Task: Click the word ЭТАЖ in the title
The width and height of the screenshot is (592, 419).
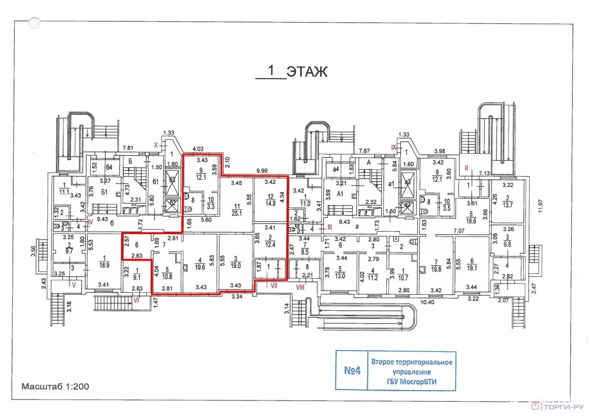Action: tap(308, 72)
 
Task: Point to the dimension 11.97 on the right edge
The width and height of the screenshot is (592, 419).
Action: tap(542, 206)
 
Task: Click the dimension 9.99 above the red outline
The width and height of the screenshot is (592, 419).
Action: tap(262, 171)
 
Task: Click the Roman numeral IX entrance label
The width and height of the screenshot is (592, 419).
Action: tap(394, 148)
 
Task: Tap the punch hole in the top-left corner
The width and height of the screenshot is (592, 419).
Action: tap(35, 23)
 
